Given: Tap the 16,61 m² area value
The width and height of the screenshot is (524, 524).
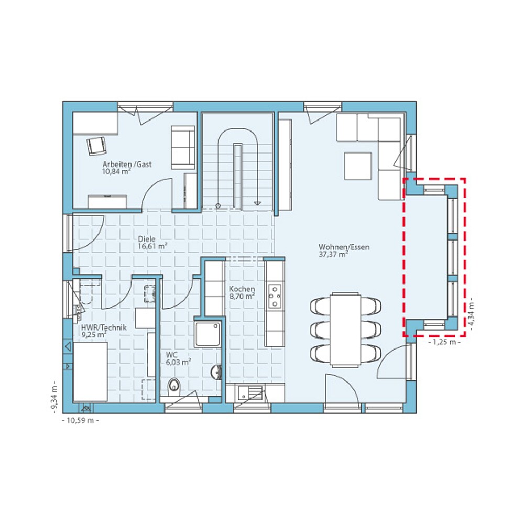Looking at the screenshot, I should coord(152,245).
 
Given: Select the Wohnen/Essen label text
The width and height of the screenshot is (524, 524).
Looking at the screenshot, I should coord(336,247).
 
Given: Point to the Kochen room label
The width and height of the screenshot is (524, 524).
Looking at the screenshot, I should coord(242,289).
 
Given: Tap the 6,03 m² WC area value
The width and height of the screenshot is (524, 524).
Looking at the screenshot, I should coord(179,361).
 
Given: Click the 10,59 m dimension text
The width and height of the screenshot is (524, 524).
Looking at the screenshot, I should coord(80,420).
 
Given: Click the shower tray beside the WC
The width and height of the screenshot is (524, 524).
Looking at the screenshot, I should coord(208,334).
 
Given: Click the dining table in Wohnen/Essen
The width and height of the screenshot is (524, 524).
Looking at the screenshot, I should coord(345,329).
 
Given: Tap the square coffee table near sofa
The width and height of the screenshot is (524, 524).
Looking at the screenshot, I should coord(358,166).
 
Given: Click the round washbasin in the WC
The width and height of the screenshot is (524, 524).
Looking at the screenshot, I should coord(216,372).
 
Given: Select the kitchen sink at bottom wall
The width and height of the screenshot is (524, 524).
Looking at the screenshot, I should coord(249,393).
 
